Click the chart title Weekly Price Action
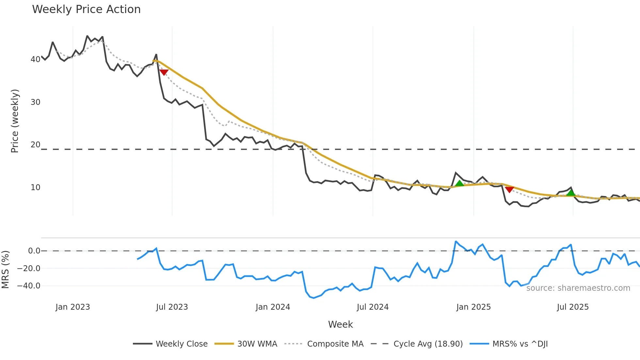tap(86, 9)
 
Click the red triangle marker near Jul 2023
tap(164, 72)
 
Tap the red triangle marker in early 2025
tap(509, 189)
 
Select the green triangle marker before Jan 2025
tap(459, 183)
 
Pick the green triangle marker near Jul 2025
tap(571, 193)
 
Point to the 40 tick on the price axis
tap(35, 59)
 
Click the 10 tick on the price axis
tap(35, 188)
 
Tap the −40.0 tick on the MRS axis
tap(29, 286)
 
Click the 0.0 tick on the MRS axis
tap(34, 251)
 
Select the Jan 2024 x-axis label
tap(273, 307)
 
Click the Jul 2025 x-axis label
tap(573, 307)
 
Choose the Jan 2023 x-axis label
tap(72, 307)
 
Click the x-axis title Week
tap(340, 324)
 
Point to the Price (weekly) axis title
tap(15, 121)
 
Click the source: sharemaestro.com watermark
tap(578, 288)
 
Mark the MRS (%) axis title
tap(5, 270)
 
